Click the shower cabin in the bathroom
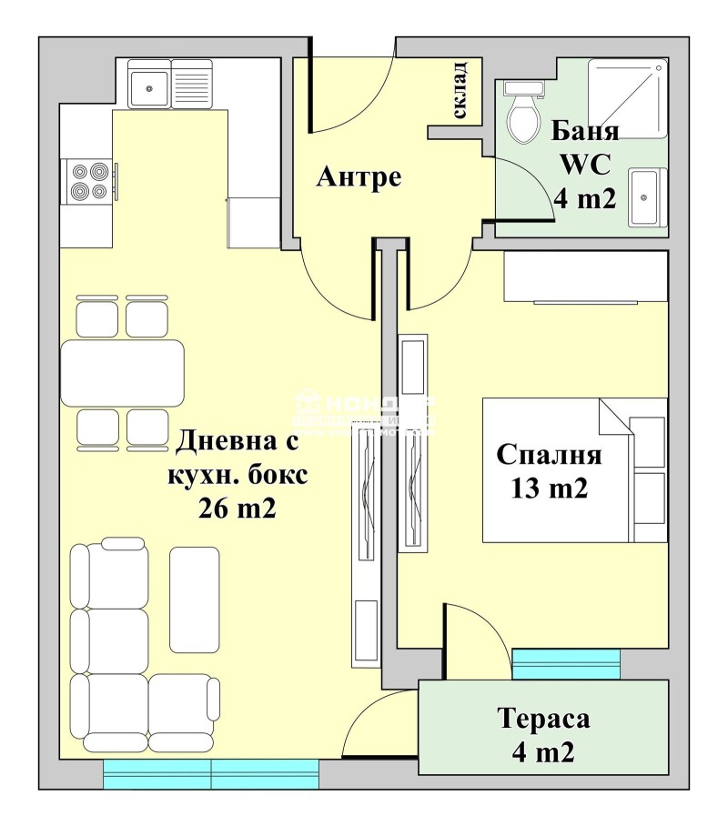625,96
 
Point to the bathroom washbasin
648,196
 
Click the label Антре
359,177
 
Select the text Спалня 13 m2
549,470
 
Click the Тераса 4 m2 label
544,735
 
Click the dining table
123,373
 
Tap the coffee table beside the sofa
195,599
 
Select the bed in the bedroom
573,470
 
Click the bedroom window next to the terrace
566,663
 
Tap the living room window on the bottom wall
211,774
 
